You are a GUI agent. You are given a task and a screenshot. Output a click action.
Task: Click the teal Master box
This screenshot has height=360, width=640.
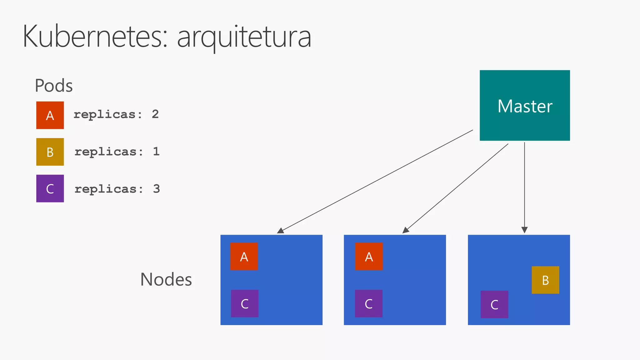click(524, 105)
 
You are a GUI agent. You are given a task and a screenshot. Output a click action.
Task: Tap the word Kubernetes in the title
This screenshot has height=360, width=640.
click(92, 37)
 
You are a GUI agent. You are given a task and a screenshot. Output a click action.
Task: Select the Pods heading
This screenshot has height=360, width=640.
click(54, 85)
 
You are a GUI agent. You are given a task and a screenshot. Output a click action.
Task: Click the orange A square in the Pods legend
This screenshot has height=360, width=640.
click(50, 115)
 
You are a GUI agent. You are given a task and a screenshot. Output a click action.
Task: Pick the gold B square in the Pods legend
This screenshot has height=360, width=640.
click(50, 152)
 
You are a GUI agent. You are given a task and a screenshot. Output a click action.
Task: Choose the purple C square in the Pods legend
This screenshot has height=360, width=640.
click(50, 188)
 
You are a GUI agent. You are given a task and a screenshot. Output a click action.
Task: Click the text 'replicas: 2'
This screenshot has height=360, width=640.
click(116, 114)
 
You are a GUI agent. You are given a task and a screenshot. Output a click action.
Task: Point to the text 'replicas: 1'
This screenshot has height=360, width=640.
click(117, 152)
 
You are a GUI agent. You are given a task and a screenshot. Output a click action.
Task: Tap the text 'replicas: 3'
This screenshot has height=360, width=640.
click(117, 189)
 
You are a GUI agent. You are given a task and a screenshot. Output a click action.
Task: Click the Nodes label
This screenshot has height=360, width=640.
click(166, 279)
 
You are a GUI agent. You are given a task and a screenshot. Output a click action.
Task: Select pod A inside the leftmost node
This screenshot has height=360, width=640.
click(244, 256)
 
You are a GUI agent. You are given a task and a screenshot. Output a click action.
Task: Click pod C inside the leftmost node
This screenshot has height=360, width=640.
click(244, 303)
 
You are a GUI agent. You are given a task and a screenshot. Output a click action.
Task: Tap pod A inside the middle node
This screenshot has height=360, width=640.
click(369, 256)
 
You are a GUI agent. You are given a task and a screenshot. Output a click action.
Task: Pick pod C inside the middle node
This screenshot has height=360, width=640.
click(369, 303)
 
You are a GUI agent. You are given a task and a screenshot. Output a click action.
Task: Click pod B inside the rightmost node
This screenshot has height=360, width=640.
click(545, 280)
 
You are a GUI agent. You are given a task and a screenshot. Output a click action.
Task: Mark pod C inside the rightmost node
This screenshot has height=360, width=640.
click(494, 304)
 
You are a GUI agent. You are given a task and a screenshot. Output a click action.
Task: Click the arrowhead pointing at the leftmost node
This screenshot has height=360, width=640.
click(280, 231)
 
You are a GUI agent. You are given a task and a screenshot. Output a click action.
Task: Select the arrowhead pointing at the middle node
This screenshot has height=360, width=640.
click(406, 230)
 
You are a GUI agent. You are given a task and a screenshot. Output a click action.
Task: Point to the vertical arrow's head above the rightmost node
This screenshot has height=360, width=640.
click(524, 230)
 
